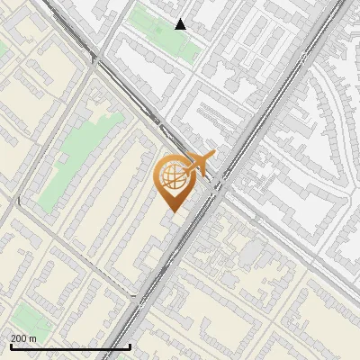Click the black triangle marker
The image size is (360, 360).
pos(181,24)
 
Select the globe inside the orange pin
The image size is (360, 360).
pos(173,176)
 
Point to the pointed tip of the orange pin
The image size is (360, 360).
pos(171,211)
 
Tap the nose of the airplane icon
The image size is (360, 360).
pos(214,156)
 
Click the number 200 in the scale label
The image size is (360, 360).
pos(20,338)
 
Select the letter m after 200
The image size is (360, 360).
pos(33,338)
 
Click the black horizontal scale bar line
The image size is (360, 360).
pos(70,346)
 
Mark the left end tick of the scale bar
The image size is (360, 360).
pos(11,346)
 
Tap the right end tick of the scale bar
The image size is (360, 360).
pos(130,346)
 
